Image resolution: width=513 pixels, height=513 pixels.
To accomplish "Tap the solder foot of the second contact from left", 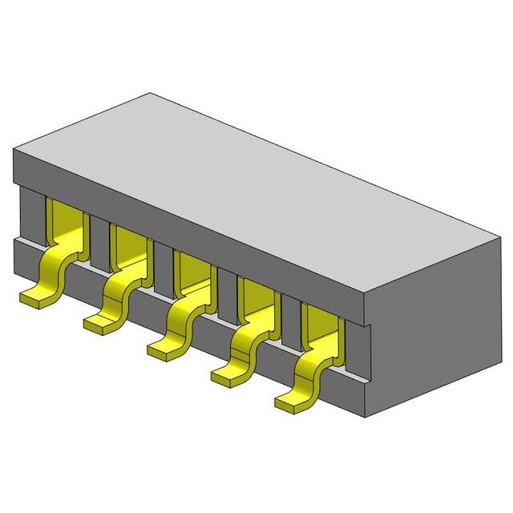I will coord(100,323).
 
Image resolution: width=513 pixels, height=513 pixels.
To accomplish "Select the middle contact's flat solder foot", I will coord(163,348).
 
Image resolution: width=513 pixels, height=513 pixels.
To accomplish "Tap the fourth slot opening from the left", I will coord(256,299).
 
